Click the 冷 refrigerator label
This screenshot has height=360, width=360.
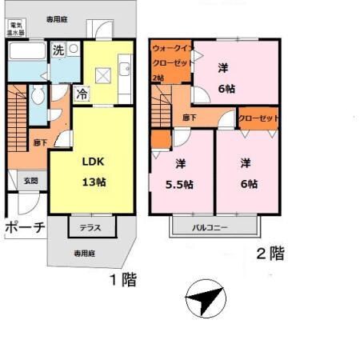point(82,94)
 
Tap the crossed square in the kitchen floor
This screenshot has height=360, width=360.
point(102,75)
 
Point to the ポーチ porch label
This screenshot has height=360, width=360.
point(24,227)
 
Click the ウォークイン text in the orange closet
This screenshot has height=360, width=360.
point(170,47)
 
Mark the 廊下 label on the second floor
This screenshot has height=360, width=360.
point(190,118)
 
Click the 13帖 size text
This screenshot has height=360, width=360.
point(94,182)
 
